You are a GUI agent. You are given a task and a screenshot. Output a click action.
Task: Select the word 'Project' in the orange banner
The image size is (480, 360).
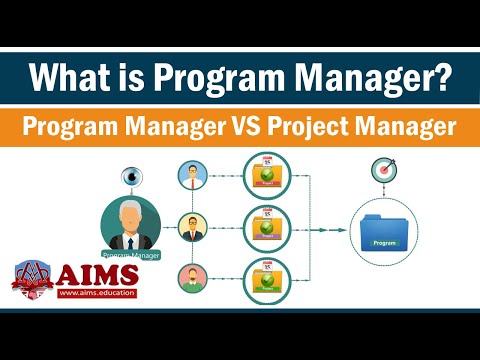(339, 128)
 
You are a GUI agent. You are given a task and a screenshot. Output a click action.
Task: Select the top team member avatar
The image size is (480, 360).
(192, 176)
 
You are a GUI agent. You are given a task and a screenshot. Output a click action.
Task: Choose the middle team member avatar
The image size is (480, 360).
(192, 225)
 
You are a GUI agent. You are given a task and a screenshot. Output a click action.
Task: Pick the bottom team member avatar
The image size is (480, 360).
(192, 275)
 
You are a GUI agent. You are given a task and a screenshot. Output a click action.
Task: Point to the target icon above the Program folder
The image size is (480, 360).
(383, 172)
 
